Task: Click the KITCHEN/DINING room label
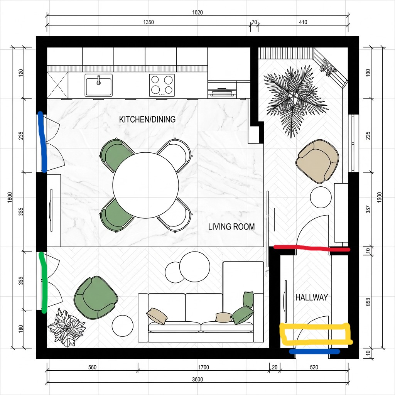point(147,120)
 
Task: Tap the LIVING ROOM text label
point(231,227)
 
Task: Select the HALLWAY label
point(311,297)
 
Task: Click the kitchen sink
point(98,85)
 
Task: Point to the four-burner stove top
point(162,85)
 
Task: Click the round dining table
point(145,185)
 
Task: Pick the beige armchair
point(317,161)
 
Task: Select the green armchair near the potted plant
point(96,297)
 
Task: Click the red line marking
point(312,248)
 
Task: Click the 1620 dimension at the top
point(197,12)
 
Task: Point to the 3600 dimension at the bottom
point(197,380)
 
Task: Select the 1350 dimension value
point(149,22)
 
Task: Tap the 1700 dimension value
point(203,367)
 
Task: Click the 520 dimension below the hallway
point(314,367)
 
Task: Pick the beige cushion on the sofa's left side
point(157,316)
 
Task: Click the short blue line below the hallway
point(314,351)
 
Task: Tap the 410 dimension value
point(303,22)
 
